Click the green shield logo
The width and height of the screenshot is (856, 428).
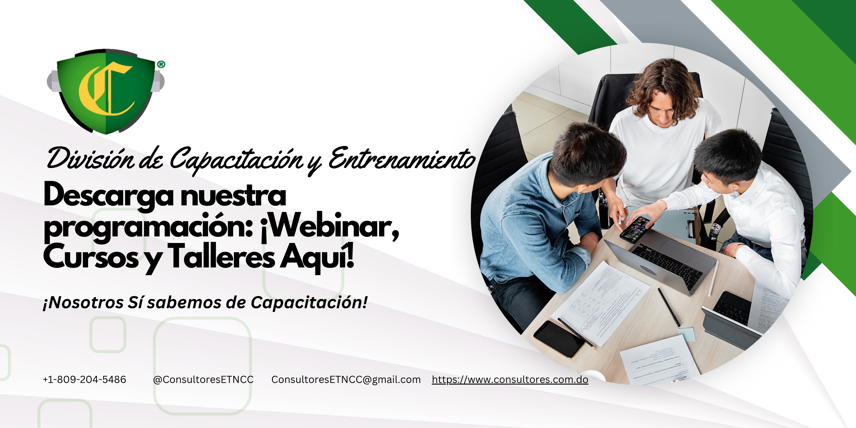106,91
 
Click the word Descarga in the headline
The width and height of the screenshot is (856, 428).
108,196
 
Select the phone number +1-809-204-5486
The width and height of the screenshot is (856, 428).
84,380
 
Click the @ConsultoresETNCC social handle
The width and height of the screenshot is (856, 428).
203,380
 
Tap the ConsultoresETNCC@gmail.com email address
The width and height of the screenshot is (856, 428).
346,380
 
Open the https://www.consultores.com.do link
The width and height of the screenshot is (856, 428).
510,380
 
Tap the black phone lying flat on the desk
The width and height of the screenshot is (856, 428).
559,339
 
